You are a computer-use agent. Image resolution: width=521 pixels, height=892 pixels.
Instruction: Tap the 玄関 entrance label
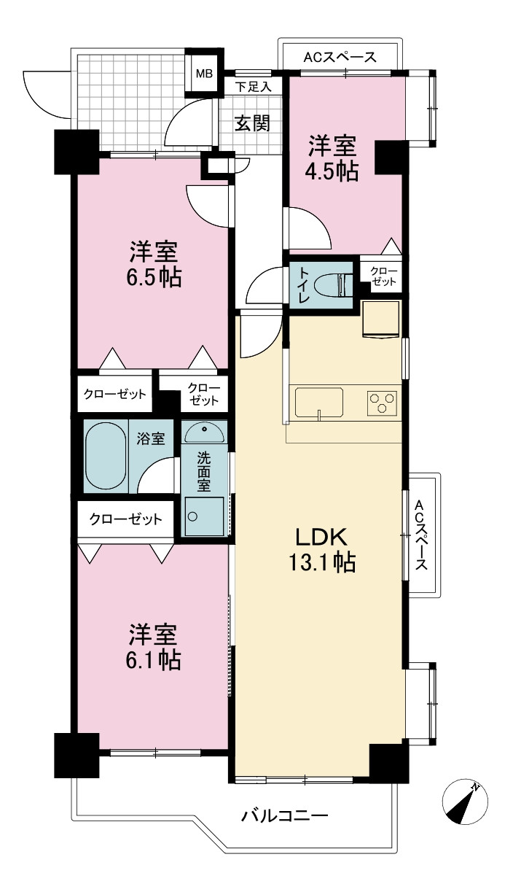click(253, 123)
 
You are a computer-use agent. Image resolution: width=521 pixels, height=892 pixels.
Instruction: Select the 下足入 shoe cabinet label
click(253, 87)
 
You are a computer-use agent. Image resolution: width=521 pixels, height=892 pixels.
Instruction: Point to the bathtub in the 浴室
click(106, 456)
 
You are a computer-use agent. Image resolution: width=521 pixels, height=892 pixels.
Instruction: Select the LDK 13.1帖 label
click(322, 550)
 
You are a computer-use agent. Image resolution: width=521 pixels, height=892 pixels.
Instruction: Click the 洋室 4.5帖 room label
click(332, 158)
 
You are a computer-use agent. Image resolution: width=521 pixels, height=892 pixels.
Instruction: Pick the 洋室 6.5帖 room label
click(154, 265)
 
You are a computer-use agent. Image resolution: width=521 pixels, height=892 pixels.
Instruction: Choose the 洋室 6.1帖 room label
click(153, 648)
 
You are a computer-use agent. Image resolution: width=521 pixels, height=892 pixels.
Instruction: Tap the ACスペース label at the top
click(340, 58)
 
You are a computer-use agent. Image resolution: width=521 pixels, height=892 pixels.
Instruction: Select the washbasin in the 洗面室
click(205, 433)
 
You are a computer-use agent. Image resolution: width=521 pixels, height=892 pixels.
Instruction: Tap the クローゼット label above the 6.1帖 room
click(126, 519)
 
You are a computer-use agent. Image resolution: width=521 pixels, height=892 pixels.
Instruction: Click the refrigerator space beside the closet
click(380, 319)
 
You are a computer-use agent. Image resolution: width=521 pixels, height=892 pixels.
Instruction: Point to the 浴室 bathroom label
click(150, 438)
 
